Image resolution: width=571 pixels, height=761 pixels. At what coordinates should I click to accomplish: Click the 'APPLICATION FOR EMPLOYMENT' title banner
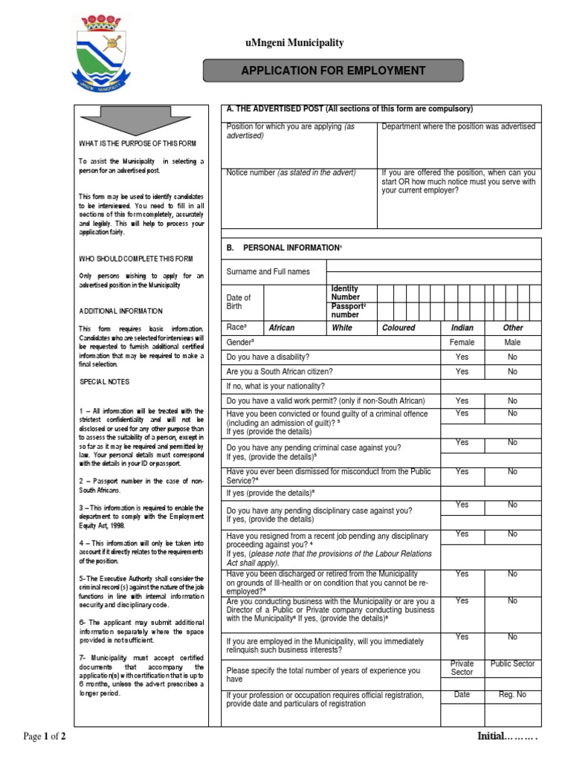point(332,71)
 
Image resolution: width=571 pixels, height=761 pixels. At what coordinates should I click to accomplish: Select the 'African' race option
point(281,328)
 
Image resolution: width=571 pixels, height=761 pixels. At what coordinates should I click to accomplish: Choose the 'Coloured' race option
point(399,328)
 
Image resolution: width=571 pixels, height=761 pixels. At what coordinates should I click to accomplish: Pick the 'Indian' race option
point(462,328)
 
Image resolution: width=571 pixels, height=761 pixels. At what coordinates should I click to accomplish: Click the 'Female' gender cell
point(462,343)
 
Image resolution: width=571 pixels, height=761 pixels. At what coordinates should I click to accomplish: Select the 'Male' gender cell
point(512,343)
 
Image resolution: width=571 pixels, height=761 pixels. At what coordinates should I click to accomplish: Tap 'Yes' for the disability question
point(462,357)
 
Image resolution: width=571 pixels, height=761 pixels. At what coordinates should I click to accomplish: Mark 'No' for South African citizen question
point(512,372)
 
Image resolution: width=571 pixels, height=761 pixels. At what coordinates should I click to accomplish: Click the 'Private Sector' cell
point(462,667)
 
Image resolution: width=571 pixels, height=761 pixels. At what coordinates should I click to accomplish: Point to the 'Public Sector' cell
point(512,664)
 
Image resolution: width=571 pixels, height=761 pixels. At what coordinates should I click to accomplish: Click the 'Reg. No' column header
point(512,695)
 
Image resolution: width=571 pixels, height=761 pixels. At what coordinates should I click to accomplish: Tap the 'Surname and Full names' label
point(268,272)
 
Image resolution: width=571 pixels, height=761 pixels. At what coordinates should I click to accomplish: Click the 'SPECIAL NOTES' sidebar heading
point(104,382)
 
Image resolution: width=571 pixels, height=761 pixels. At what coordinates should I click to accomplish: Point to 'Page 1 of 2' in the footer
point(45,736)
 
